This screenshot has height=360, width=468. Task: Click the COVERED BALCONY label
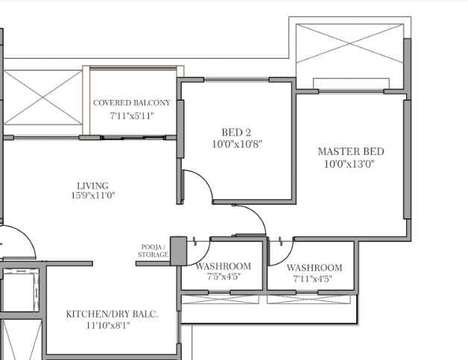coord(131,103)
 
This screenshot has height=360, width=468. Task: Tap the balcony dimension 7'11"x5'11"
coord(131,116)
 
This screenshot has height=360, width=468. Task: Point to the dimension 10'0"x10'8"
coord(237,144)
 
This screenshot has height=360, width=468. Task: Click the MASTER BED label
coord(350,151)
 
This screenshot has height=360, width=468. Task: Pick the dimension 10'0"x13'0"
coord(350,164)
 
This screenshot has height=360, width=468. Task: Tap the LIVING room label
coord(92,186)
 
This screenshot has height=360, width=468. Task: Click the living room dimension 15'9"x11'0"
coord(92,196)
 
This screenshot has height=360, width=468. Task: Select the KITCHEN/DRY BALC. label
coord(111,315)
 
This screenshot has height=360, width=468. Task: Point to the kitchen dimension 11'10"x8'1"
coord(111,326)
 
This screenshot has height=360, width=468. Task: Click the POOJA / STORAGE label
coord(153,250)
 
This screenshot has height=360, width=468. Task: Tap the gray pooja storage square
coord(177,250)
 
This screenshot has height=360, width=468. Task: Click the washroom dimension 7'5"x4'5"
coord(223,277)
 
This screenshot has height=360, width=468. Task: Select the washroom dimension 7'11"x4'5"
coord(314,279)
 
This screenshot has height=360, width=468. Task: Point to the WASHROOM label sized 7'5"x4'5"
coord(223,266)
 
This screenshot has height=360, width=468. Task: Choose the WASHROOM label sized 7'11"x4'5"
coord(314,268)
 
